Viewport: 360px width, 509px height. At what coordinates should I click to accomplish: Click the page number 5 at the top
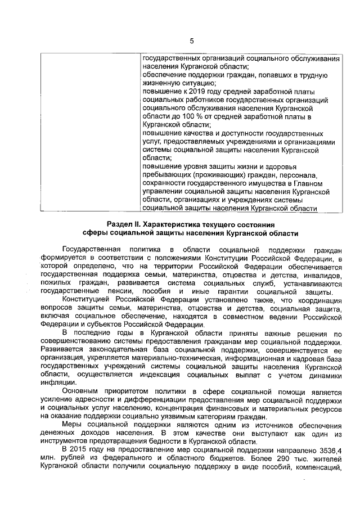coord(191,40)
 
